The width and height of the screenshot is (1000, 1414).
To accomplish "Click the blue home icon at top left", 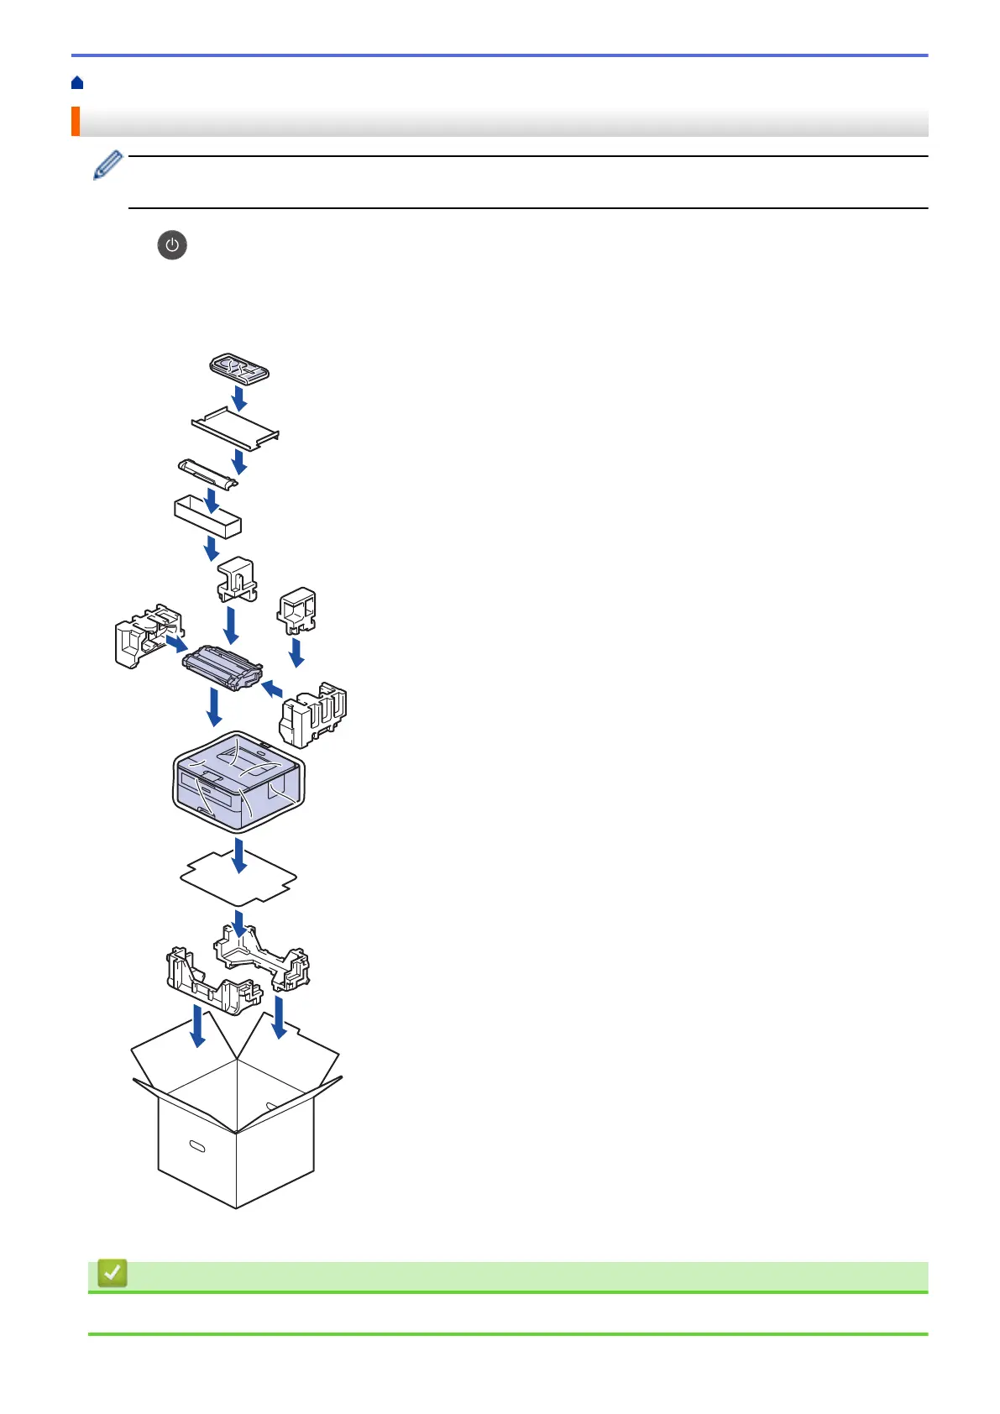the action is (77, 82).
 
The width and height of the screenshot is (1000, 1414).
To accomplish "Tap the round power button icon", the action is (172, 245).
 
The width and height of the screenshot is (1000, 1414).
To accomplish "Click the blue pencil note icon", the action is (108, 165).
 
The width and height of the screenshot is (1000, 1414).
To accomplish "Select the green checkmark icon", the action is (113, 1273).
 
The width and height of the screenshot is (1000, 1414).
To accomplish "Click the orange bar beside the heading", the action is (76, 122).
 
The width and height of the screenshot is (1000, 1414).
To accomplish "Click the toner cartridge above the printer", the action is (223, 667).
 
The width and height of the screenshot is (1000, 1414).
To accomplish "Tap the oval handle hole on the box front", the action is (197, 1146).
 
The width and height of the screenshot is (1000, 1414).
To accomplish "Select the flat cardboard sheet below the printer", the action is (238, 878).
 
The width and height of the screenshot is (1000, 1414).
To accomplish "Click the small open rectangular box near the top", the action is (207, 516).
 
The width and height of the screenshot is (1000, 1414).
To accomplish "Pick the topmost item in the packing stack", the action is (238, 368).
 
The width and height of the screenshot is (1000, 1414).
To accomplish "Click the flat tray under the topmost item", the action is (235, 427).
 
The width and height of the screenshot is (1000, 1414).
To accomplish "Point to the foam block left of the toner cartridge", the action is (143, 636).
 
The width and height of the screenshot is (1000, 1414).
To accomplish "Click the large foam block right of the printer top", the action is (313, 715).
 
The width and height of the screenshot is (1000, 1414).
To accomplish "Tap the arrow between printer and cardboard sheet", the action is (240, 855).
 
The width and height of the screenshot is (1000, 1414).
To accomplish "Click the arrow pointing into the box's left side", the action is (197, 1027).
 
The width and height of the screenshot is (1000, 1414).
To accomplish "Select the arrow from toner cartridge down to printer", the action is (214, 707).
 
